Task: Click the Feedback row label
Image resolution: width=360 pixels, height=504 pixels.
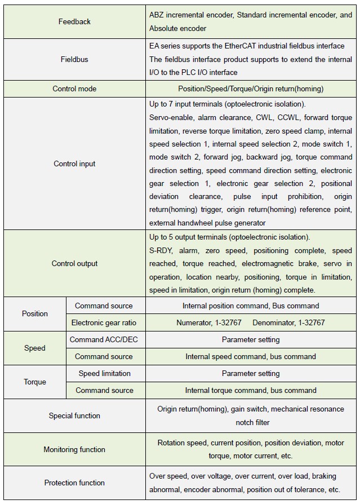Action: (x=74, y=21)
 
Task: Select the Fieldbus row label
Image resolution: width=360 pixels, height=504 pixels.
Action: (x=74, y=59)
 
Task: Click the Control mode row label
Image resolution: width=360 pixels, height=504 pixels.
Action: (x=74, y=89)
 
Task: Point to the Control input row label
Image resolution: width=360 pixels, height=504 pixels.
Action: (x=74, y=163)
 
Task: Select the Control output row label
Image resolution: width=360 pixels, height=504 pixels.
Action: (x=74, y=263)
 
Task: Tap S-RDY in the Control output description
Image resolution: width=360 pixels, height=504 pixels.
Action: (x=161, y=250)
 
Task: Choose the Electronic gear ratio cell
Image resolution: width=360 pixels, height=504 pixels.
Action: (x=104, y=323)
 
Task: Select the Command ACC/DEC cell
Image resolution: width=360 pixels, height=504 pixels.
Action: (x=104, y=339)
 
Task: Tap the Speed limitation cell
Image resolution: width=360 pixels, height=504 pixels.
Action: (x=104, y=373)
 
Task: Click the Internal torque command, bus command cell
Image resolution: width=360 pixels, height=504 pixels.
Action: (x=251, y=390)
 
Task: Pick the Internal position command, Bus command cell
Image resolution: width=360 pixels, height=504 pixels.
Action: (x=251, y=306)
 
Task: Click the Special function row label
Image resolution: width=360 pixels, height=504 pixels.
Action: (x=74, y=415)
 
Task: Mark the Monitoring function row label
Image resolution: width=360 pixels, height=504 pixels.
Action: (x=74, y=449)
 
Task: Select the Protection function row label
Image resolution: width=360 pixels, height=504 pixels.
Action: (x=74, y=483)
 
